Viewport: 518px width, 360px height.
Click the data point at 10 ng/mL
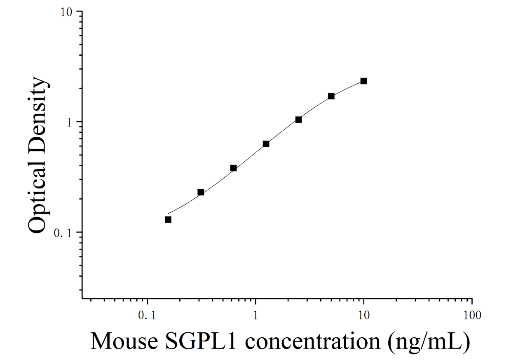[x=364, y=81]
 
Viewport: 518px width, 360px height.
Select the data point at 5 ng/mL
[x=331, y=96]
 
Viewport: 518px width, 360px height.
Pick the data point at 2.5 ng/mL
[x=298, y=120]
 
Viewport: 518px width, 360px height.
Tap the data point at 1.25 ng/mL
[x=266, y=144]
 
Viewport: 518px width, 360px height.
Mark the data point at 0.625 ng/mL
[x=234, y=168]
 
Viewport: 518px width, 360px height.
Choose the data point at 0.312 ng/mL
[x=201, y=192]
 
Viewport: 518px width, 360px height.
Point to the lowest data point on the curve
[x=168, y=219]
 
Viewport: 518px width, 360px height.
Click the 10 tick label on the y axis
[x=66, y=12]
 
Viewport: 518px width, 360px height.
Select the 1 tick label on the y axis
[x=69, y=122]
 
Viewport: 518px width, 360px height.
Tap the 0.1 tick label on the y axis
[x=63, y=233]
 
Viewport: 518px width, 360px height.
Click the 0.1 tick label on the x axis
[x=147, y=315]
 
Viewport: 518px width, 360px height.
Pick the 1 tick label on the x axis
[x=255, y=315]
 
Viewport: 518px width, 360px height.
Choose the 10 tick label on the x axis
[x=364, y=315]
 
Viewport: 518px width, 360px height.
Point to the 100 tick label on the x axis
[x=472, y=315]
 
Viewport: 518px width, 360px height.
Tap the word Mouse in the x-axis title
[x=124, y=341]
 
